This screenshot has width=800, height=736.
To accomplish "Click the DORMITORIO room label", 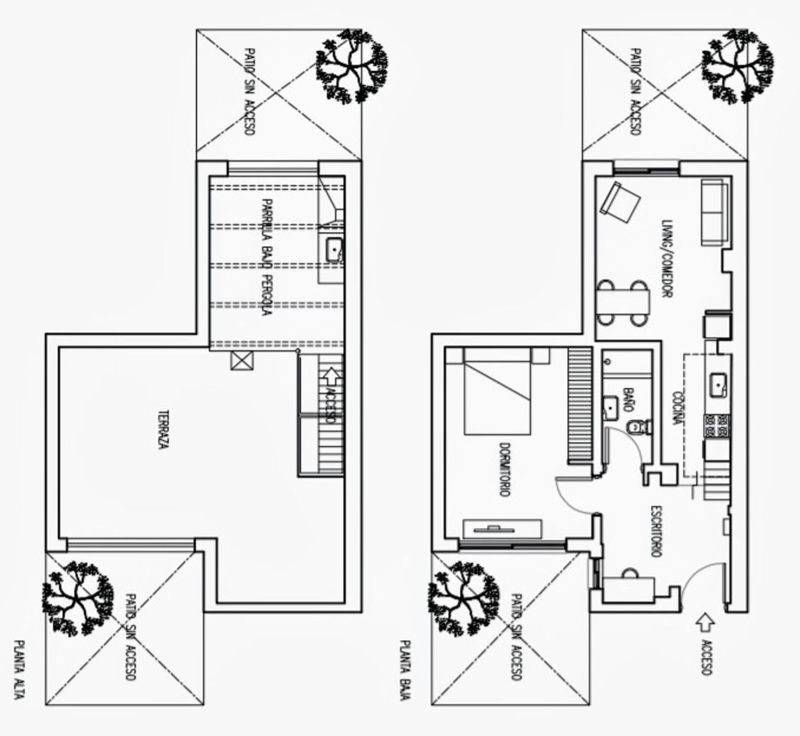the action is tap(505, 470).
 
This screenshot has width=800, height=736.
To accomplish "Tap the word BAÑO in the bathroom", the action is tap(628, 400).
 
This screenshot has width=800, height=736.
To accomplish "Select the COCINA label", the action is tap(678, 409).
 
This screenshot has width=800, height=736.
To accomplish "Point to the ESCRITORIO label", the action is tap(656, 532).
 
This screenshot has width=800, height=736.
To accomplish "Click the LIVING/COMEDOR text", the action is tap(667, 259).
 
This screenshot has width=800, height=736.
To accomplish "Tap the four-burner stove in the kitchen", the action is tap(717, 425).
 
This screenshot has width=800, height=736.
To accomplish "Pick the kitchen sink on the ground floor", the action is tap(718, 385).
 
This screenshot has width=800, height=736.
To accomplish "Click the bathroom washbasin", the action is tap(610, 408).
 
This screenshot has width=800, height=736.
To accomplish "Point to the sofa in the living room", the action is tap(715, 212).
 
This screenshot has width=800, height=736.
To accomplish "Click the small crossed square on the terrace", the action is tap(242, 361).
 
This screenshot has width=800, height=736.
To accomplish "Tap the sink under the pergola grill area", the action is tap(334, 250).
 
